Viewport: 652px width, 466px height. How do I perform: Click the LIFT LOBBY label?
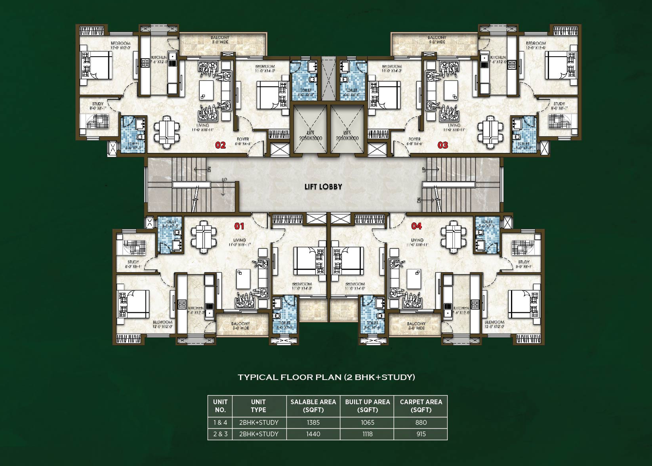[x=323, y=187]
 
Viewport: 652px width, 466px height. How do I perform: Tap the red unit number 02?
[x=220, y=145]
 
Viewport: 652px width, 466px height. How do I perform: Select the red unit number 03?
[x=443, y=145]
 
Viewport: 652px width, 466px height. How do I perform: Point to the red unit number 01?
[x=239, y=226]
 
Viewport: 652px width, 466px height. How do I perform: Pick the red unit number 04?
[x=416, y=226]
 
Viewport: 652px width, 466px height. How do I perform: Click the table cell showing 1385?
[x=313, y=422]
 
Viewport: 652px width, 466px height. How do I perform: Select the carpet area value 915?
[x=421, y=434]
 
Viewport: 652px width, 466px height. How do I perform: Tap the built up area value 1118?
[x=367, y=434]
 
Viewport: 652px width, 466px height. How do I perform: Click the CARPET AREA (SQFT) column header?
[x=421, y=406]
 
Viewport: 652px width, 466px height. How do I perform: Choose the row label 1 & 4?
[x=220, y=422]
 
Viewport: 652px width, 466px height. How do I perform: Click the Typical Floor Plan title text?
[x=326, y=377]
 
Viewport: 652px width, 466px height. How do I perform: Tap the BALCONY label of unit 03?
[x=437, y=38]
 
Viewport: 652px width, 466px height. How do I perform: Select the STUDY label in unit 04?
[x=524, y=262]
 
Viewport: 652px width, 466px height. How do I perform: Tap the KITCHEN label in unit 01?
[x=196, y=308]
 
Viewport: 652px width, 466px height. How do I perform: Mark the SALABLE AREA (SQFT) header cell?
[x=313, y=406]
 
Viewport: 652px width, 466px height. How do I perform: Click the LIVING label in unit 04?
[x=417, y=240]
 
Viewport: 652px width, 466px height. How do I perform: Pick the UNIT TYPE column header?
[x=258, y=406]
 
